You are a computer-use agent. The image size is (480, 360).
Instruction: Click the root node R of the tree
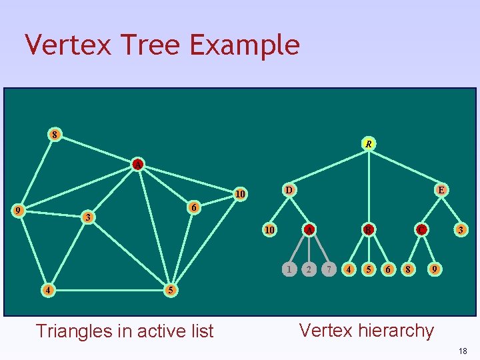368,143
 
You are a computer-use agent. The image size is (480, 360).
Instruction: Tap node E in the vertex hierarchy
441,190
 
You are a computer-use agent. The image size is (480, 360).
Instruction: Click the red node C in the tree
421,230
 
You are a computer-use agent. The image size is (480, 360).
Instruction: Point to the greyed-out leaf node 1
288,269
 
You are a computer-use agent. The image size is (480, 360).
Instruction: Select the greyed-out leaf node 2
308,269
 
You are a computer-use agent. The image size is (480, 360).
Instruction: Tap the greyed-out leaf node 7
328,269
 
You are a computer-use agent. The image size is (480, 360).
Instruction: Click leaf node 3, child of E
460,230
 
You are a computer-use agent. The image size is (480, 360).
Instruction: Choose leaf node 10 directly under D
270,230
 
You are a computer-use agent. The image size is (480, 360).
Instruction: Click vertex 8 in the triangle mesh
55,134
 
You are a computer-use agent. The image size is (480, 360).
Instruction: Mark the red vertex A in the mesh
137,163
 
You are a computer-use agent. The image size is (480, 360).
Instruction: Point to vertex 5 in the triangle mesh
171,290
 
